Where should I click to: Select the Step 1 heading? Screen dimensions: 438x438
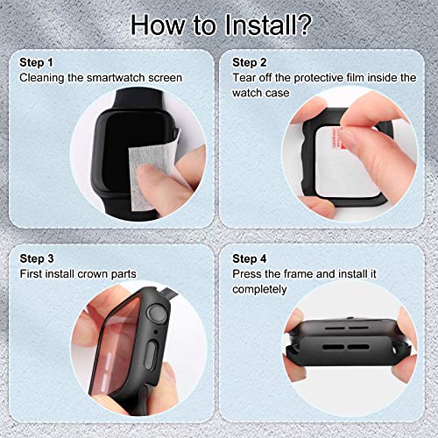[x=36, y=63]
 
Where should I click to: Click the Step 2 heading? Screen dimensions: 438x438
[x=250, y=63]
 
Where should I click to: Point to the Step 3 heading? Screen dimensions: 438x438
[x=37, y=259]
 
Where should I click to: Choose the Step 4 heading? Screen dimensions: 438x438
[x=250, y=259]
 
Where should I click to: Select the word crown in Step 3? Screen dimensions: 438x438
[x=93, y=274]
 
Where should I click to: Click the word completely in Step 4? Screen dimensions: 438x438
[x=259, y=290]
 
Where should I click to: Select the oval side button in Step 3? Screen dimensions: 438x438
[x=152, y=356]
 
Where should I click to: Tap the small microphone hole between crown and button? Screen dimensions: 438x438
[x=156, y=332]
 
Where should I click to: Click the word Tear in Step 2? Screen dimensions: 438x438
[x=244, y=78]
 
